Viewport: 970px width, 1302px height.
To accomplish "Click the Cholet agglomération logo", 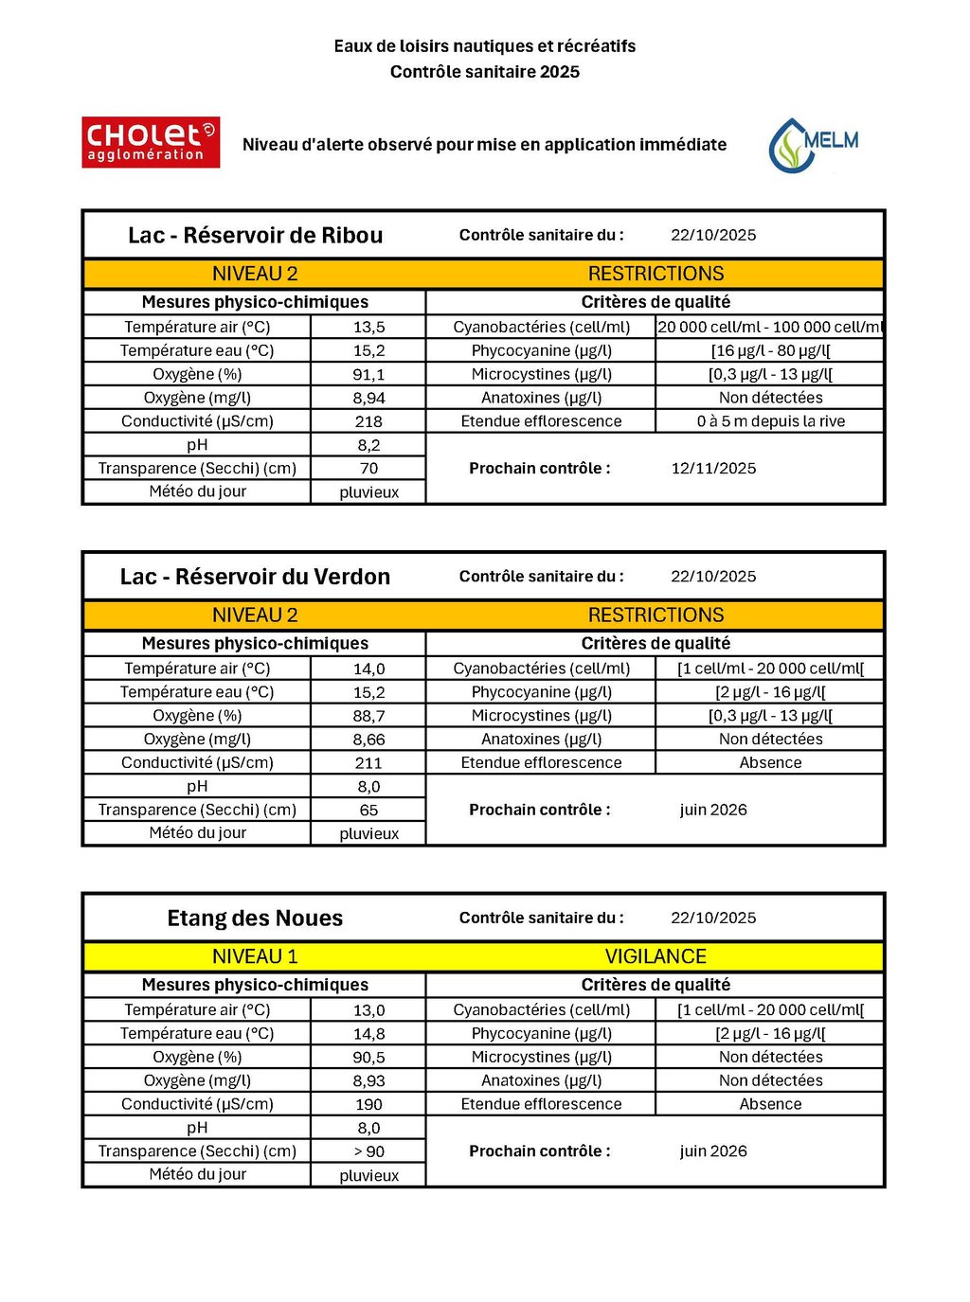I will (151, 142).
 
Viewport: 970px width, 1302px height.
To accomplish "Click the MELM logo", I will (814, 145).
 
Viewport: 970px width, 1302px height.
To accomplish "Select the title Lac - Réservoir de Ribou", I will (255, 236).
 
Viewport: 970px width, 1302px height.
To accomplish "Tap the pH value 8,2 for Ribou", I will (368, 445).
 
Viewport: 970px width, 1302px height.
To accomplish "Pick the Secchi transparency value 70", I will (368, 469).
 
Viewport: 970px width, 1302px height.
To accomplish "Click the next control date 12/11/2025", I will (713, 469).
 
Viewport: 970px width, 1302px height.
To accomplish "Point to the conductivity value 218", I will (368, 421).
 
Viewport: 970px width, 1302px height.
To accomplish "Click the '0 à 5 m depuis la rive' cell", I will (770, 421).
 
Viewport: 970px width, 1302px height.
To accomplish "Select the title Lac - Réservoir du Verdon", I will (255, 577).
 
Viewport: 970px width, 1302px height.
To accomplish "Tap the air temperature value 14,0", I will (368, 669).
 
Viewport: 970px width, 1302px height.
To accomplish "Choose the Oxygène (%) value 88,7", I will (368, 716).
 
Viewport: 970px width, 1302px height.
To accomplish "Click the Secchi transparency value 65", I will (368, 811).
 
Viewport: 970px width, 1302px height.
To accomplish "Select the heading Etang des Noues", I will (255, 919).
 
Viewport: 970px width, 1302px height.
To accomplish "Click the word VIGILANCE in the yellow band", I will (656, 956).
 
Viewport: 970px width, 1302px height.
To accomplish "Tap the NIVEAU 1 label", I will (255, 956).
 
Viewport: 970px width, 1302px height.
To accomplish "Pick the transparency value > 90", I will (368, 1151).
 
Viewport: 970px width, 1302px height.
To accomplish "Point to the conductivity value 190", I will (368, 1104).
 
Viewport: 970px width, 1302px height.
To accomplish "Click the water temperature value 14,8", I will (368, 1034).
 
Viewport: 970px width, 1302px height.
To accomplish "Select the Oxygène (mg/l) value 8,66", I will (368, 740).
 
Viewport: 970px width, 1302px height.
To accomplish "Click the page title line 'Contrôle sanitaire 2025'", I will (485, 72).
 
